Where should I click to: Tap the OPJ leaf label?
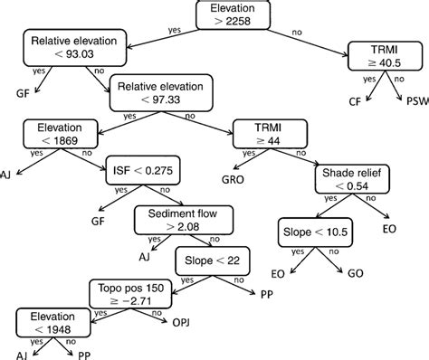181,321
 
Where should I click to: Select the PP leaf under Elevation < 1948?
82,355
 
